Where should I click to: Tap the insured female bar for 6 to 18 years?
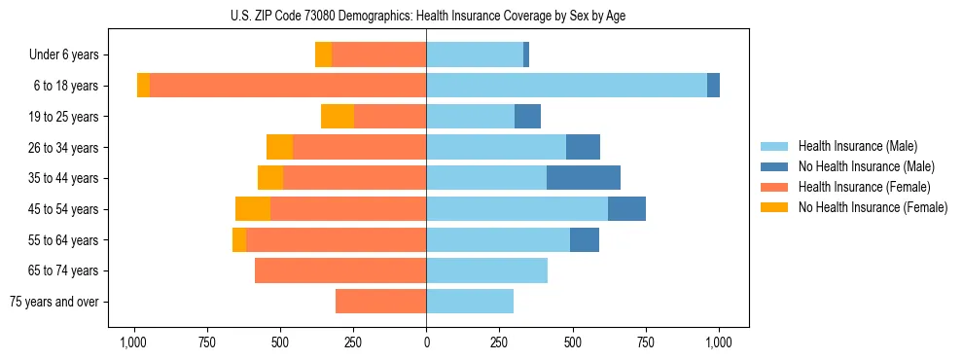coord(288,86)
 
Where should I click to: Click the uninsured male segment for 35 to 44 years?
coord(584,178)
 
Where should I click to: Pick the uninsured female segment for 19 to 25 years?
coord(338,117)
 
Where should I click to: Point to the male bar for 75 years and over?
coord(470,302)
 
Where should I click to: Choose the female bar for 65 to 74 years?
coord(340,270)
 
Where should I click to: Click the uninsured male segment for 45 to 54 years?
coord(626,209)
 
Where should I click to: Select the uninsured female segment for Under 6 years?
coord(323,54)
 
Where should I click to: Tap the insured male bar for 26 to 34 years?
coord(496,147)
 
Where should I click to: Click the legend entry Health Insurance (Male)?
coord(857,146)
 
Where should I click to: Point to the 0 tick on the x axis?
coord(426,342)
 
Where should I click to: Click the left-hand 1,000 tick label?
coord(133,342)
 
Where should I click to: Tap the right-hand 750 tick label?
coord(646,342)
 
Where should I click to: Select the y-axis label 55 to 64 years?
coord(63,240)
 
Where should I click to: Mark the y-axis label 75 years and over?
coord(53,302)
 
